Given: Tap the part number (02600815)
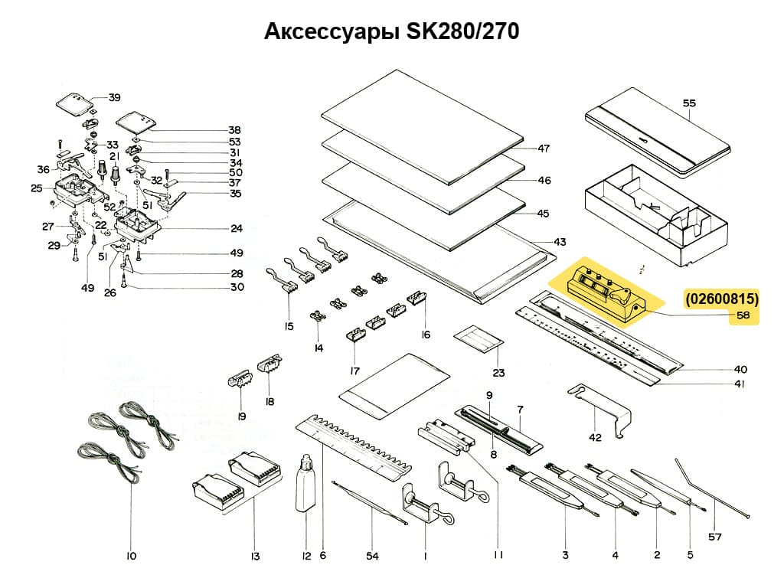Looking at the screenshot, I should pos(722,299).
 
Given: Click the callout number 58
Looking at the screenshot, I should pos(743,315).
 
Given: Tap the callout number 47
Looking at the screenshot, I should pos(544,149).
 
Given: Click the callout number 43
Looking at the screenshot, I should pos(560,242).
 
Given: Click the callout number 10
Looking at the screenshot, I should pos(131,555).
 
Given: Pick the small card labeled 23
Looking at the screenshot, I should pos(480,338).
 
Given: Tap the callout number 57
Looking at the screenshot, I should pos(714,537).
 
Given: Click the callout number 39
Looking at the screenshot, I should pos(114,97).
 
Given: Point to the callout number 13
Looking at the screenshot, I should pos(255,556).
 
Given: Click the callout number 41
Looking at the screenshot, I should pos(739,384).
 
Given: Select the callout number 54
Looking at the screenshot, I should pos(371,556).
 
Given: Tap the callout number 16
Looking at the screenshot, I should pos(425,335).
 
